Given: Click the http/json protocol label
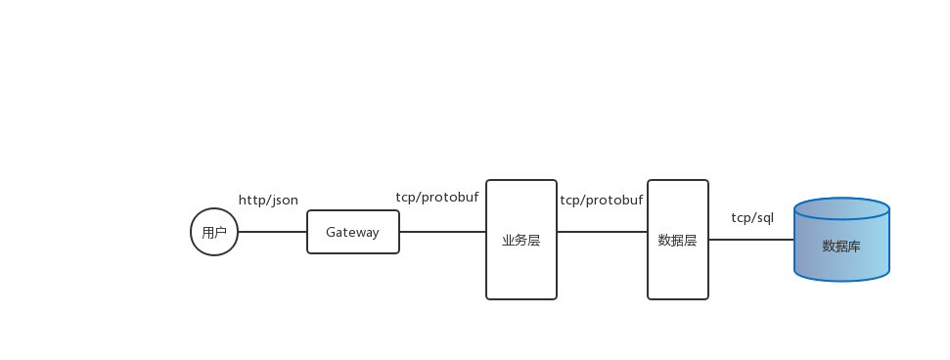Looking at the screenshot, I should (268, 201).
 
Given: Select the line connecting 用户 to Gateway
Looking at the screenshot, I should (272, 232).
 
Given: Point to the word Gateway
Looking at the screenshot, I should (352, 232).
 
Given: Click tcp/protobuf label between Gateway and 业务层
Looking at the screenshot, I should (437, 197).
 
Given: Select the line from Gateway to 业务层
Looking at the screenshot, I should (442, 232).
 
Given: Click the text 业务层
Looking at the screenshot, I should (521, 240).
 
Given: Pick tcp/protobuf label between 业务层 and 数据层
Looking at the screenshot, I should (602, 200).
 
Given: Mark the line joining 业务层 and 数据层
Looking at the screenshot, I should (602, 232).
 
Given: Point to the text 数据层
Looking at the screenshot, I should (678, 240).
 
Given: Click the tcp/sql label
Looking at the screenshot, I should (752, 217).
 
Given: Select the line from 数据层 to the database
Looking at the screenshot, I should (750, 239).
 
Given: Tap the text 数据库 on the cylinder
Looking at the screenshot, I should (841, 246).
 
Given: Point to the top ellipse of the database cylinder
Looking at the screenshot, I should (841, 209).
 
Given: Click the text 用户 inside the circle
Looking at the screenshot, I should (214, 233).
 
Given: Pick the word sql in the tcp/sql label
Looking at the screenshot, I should (763, 217).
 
